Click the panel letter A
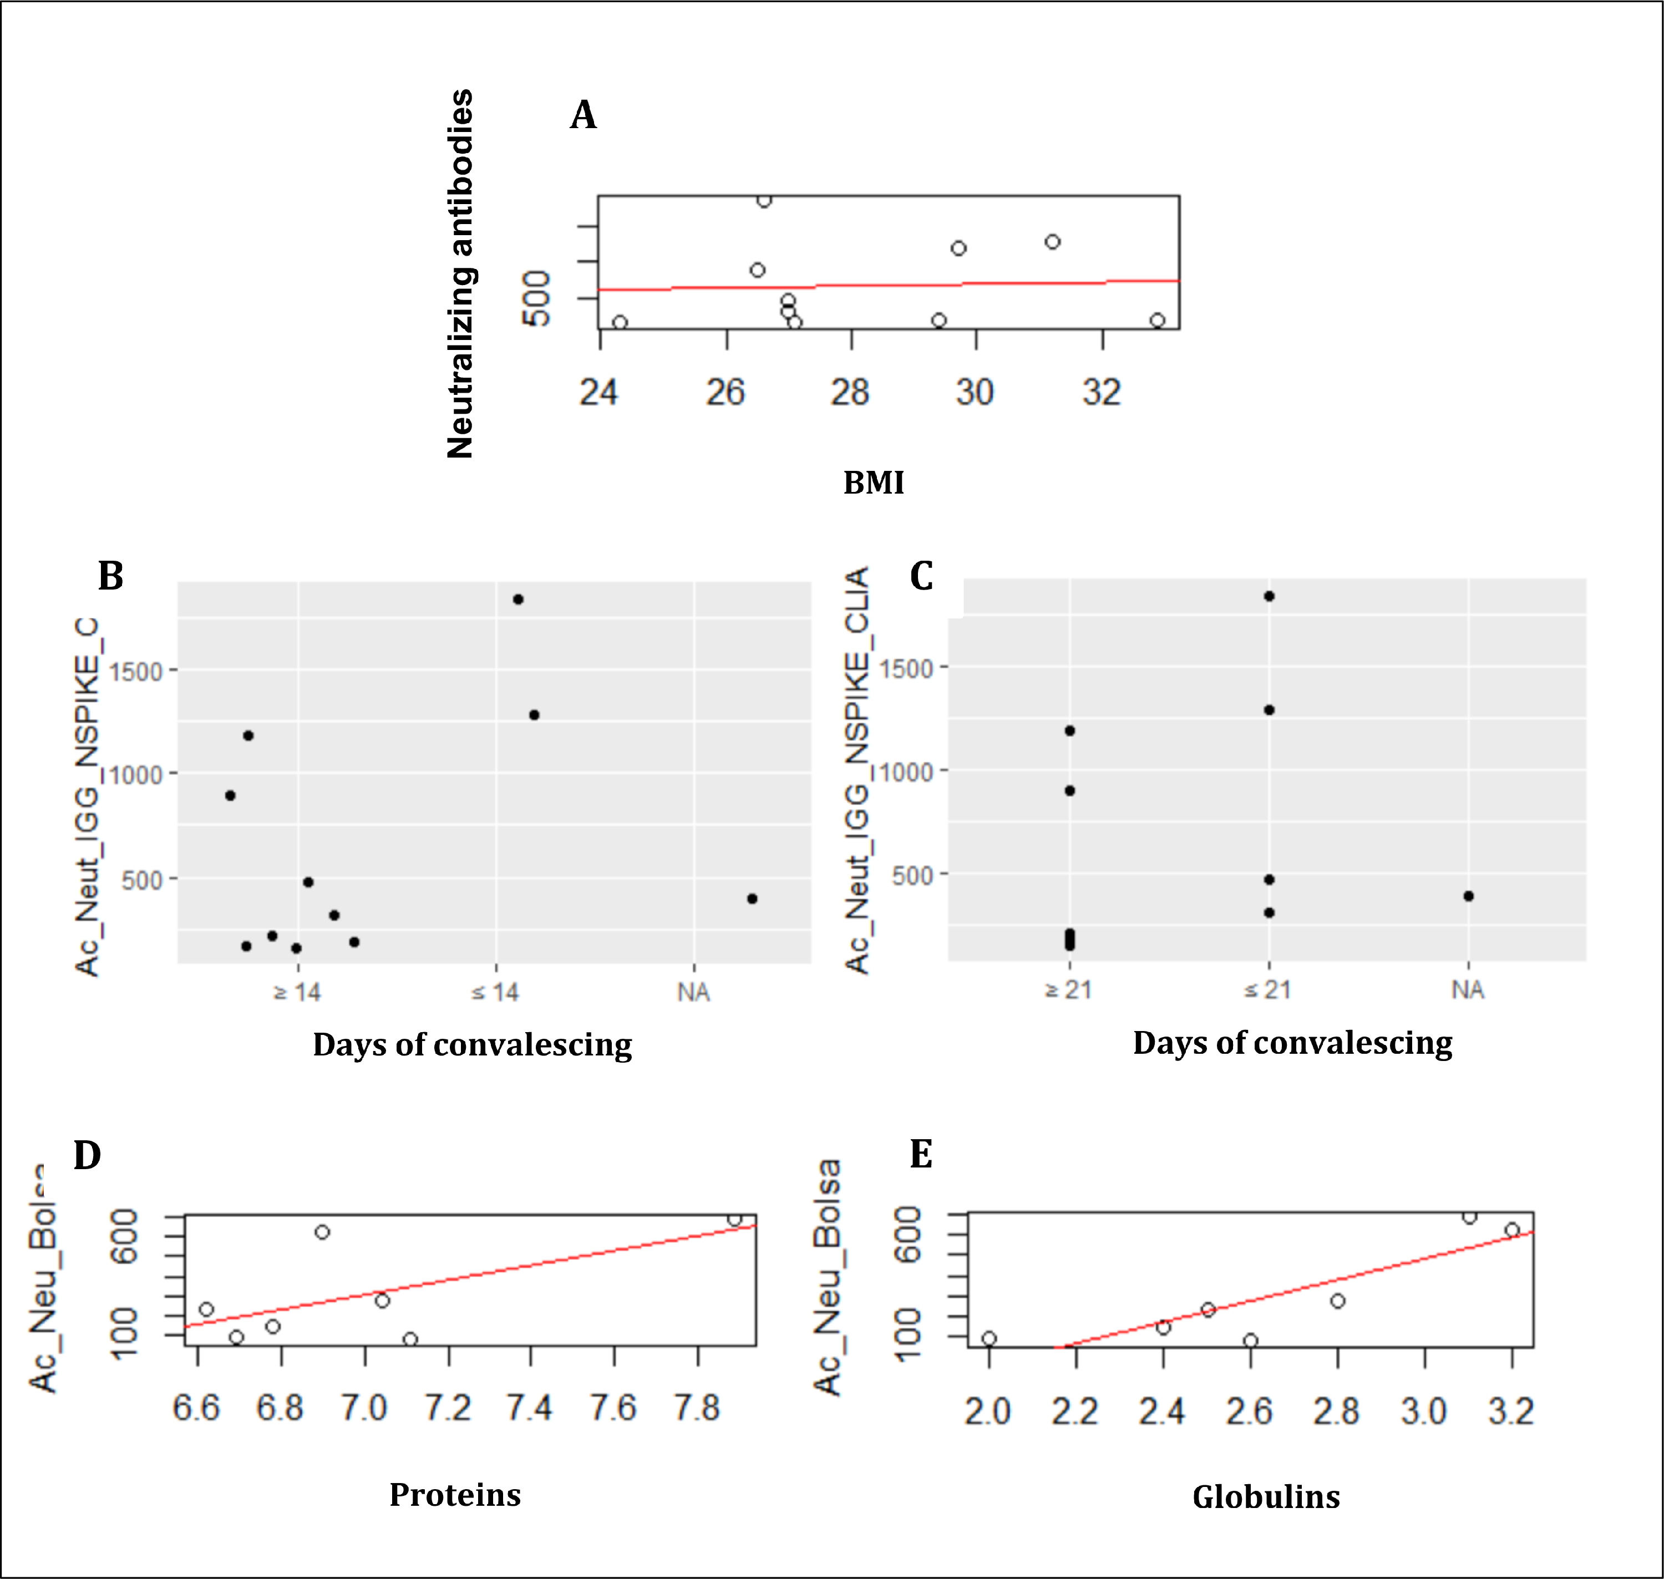(584, 115)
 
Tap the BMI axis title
(874, 483)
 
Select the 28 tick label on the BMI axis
(850, 392)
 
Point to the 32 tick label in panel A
(1102, 392)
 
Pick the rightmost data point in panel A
(1157, 321)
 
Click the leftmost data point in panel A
(620, 322)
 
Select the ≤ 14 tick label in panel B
(495, 992)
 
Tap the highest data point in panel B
(519, 600)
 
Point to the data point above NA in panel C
(1469, 896)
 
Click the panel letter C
(922, 577)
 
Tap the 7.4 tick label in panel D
(530, 1407)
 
